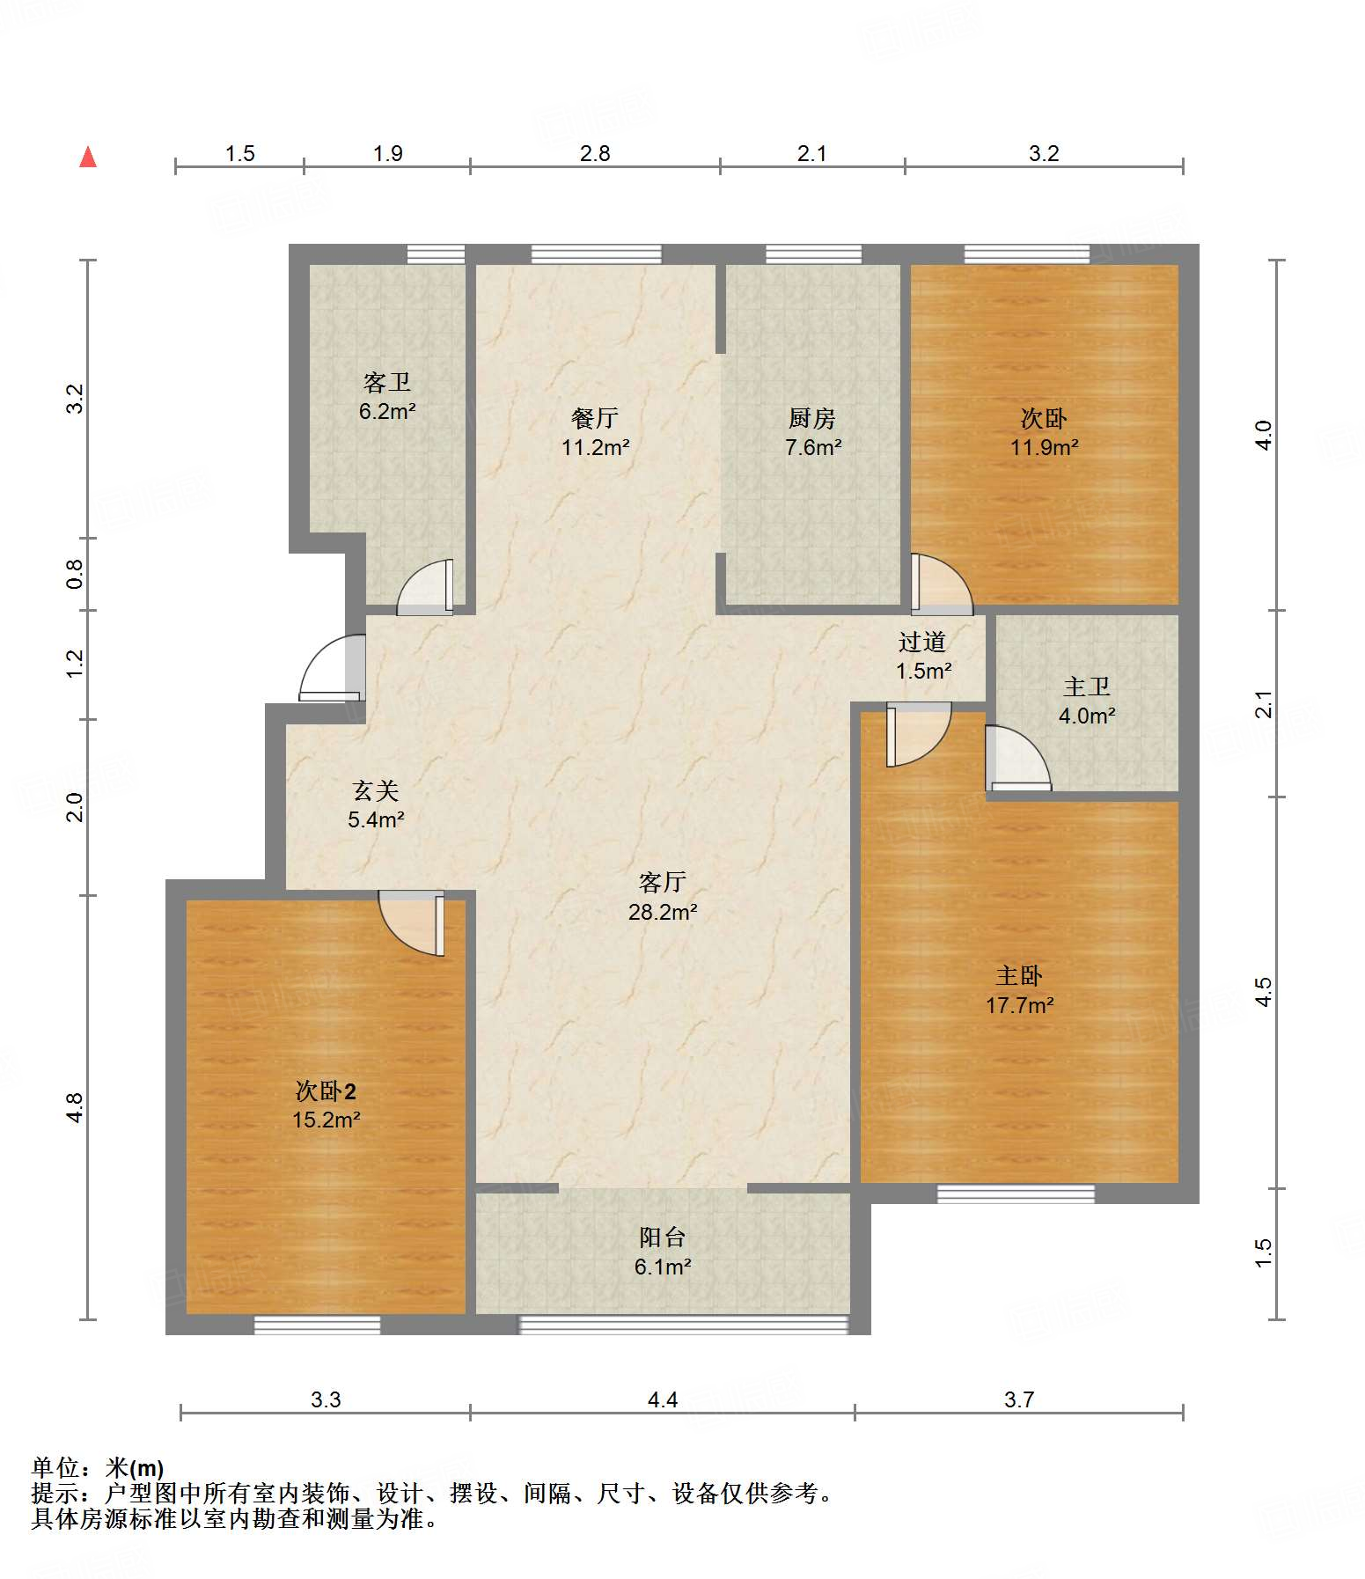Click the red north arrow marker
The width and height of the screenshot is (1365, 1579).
(88, 157)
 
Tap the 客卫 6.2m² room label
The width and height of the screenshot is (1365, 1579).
(387, 396)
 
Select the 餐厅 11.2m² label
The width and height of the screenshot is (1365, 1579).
(596, 432)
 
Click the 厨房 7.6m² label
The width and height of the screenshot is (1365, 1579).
(812, 432)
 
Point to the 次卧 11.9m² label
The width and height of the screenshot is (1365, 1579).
(1045, 432)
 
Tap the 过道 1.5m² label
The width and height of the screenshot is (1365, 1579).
(923, 657)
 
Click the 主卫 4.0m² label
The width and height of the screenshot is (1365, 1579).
(1087, 701)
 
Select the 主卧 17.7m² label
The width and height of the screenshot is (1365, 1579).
(1020, 989)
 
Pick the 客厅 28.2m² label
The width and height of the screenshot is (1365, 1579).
(663, 897)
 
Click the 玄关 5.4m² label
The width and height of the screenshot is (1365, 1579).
(376, 804)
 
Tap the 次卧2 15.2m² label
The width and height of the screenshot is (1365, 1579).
(327, 1105)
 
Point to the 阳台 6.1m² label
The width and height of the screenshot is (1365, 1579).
(663, 1252)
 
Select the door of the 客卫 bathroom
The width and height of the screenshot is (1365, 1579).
(425, 586)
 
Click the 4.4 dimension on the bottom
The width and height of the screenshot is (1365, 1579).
(663, 1399)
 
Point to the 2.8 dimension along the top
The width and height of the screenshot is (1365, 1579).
(596, 153)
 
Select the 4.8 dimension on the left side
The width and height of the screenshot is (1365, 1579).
(76, 1107)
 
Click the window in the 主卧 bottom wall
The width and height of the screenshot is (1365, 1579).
(1016, 1193)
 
